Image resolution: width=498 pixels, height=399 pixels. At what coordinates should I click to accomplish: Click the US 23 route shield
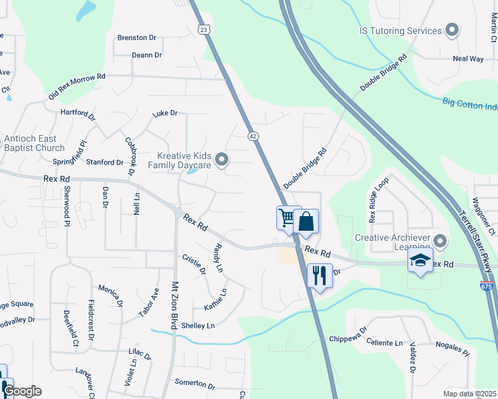[204, 29]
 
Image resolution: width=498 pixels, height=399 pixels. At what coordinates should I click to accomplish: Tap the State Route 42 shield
[253, 135]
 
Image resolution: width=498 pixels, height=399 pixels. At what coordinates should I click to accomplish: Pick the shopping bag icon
[306, 221]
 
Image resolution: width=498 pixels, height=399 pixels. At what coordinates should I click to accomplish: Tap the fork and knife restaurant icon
[320, 274]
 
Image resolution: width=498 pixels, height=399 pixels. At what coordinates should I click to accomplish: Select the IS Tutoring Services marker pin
[453, 31]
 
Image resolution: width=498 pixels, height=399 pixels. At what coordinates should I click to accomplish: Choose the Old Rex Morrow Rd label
[77, 87]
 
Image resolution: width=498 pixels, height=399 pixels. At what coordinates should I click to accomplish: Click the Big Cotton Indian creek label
[469, 105]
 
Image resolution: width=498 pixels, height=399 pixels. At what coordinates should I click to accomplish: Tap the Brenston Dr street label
[136, 38]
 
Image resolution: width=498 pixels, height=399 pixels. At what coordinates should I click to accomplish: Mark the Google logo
[22, 391]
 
